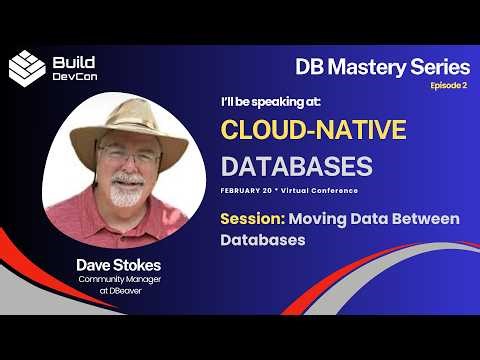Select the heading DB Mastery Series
tap(382, 67)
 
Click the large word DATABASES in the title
tap(296, 164)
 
